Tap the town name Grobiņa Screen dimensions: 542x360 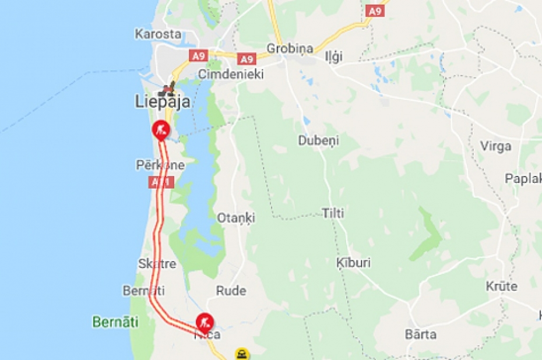click(290, 48)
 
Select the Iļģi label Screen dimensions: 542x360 click(335, 57)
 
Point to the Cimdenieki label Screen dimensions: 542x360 click(231, 74)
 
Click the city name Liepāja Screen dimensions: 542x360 click(161, 103)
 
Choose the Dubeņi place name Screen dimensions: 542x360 click(318, 140)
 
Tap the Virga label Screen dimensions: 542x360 click(495, 146)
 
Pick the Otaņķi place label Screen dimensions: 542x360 click(236, 218)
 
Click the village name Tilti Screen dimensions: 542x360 click(333, 213)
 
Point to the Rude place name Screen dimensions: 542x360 click(231, 291)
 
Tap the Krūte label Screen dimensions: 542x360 click(501, 286)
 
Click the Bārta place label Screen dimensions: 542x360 click(420, 334)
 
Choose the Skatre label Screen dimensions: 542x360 click(157, 263)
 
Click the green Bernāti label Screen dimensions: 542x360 click(115, 322)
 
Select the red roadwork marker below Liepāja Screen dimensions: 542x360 click(160, 129)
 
